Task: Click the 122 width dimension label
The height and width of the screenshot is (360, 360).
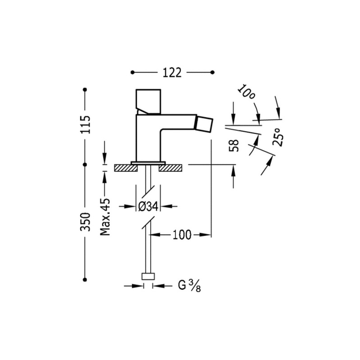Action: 172,72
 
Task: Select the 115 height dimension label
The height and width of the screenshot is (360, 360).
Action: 85,125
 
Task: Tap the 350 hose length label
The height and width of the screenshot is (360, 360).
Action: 85,222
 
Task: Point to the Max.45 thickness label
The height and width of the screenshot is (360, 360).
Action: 105,217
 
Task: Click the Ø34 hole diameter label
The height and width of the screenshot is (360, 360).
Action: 148,207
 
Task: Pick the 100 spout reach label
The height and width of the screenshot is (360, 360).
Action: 182,235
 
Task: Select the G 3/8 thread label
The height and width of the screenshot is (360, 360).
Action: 189,286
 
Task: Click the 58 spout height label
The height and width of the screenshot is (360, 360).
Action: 234,145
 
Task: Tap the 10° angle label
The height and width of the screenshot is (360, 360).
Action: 246,92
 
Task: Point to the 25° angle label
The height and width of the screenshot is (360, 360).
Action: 278,137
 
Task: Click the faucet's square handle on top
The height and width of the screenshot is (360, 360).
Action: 148,102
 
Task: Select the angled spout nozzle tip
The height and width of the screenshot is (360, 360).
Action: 204,125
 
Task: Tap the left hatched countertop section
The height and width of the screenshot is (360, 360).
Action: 126,168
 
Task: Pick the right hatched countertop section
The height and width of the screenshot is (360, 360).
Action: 171,168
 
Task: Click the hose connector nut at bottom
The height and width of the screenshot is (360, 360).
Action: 148,276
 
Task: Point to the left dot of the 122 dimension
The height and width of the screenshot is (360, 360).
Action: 132,72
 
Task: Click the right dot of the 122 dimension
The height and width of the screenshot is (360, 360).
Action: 212,72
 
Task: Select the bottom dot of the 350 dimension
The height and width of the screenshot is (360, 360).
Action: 85,279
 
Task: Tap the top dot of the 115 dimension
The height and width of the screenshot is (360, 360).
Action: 85,89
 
